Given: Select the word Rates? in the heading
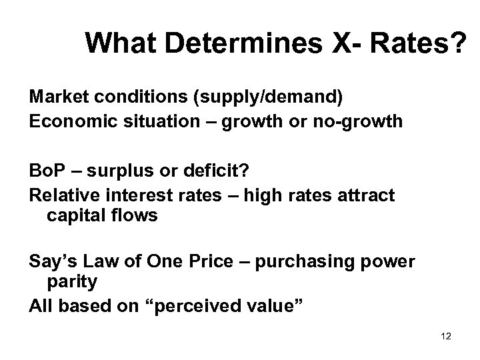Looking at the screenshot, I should [419, 44].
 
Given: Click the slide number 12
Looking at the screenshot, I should [446, 337].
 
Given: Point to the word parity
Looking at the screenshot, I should [72, 281].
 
